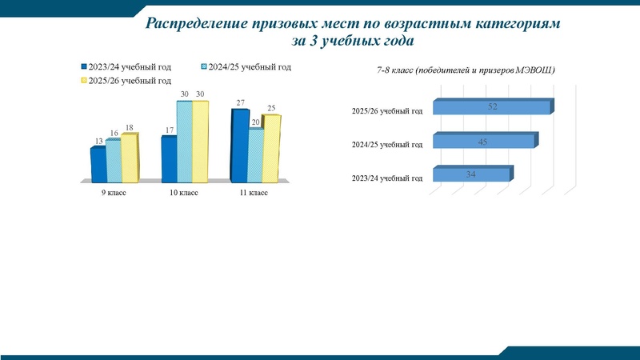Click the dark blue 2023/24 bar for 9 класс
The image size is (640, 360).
click(98, 164)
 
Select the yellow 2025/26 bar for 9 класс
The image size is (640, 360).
click(129, 158)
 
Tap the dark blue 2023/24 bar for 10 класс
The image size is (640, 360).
click(168, 159)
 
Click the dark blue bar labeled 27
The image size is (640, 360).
click(238, 145)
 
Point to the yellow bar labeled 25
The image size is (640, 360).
click(271, 149)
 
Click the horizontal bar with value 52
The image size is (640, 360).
click(492, 107)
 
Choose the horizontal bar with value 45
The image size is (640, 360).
click(483, 142)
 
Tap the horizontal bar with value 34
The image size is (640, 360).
click(470, 175)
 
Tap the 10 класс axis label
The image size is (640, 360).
click(184, 193)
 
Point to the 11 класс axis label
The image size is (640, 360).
click(254, 193)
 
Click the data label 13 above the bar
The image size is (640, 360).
click(98, 142)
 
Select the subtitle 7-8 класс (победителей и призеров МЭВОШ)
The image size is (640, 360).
click(466, 71)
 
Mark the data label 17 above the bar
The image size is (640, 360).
click(169, 130)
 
